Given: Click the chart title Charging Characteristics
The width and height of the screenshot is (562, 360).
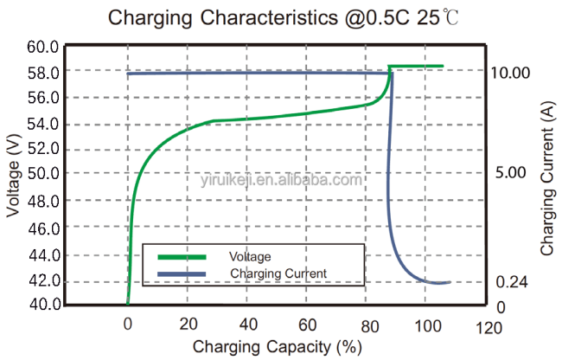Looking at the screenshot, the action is (223, 18).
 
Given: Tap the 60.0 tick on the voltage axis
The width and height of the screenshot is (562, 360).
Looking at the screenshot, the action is (42, 47).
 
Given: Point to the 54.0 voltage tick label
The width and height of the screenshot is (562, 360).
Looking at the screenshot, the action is (42, 124).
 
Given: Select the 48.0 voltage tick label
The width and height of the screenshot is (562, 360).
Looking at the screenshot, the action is (43, 201).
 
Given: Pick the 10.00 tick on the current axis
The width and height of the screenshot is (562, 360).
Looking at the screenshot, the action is (509, 73).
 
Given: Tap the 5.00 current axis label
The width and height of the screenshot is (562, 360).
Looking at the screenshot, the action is (510, 173).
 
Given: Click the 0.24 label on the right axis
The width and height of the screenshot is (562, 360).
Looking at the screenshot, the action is (512, 282).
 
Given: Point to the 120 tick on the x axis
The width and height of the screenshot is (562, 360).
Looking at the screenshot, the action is (489, 328).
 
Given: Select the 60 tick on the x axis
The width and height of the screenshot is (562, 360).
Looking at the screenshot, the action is (308, 325).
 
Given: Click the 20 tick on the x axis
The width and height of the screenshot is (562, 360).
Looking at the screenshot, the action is (188, 325).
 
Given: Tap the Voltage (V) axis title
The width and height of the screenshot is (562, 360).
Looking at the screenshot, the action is (13, 176).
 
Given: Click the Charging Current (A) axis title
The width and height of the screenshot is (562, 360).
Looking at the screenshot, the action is (547, 178).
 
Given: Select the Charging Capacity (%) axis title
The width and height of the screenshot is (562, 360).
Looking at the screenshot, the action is (277, 347).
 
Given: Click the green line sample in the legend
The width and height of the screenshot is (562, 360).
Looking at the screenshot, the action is (182, 257).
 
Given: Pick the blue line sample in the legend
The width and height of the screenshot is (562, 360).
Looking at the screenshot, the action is (182, 274).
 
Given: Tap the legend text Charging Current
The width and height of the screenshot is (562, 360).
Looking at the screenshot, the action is (278, 273).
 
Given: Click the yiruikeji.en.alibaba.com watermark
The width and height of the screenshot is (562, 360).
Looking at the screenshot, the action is (281, 180).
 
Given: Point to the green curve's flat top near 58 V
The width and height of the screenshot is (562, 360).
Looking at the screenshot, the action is (416, 66).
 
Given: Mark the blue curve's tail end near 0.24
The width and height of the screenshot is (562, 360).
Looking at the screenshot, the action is (450, 283).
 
